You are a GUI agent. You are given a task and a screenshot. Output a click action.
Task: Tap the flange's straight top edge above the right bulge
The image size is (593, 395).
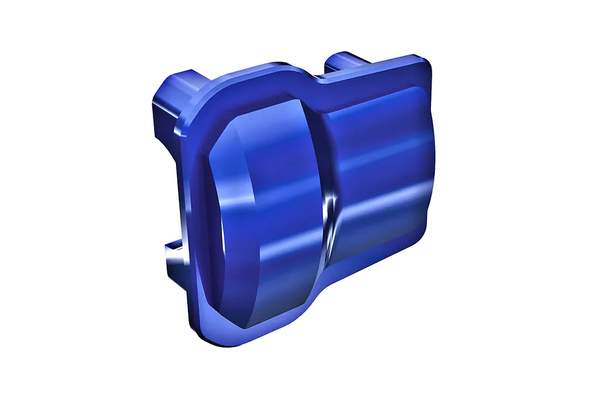[x=376, y=67]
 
